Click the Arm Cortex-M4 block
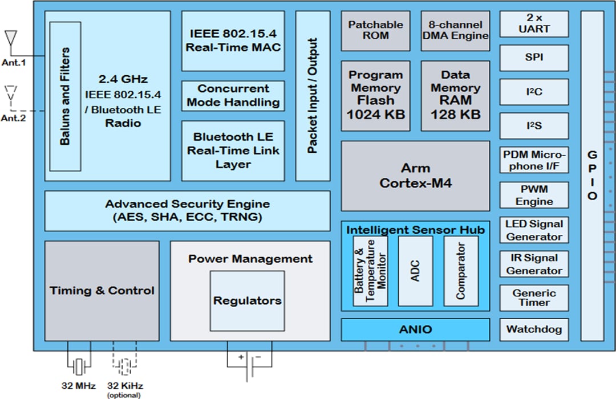tap(415, 176)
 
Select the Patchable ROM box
tap(375, 30)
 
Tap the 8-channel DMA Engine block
tap(455, 30)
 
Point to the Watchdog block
tap(534, 329)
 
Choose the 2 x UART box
tap(534, 24)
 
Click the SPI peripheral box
tap(534, 58)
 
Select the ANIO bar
tap(415, 329)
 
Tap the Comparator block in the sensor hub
tap(460, 271)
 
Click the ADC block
tap(415, 271)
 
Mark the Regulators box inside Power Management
tap(247, 300)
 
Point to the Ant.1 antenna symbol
tap(10, 39)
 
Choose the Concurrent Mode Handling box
tap(233, 96)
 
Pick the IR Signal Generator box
tap(534, 264)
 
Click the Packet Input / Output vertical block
tap(313, 96)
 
